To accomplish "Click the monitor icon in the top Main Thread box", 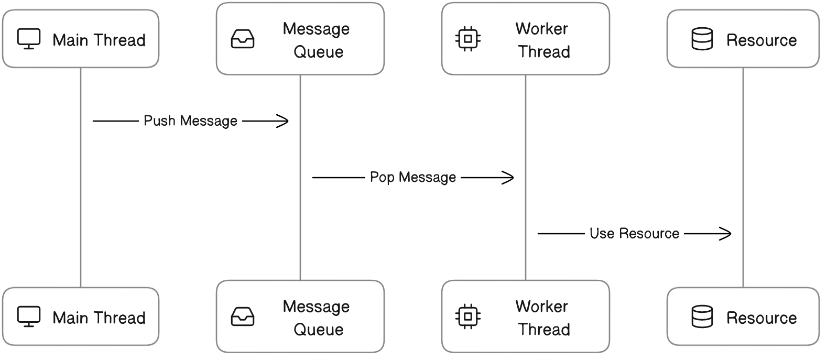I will click(x=29, y=39).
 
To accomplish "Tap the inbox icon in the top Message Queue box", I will click(x=243, y=39).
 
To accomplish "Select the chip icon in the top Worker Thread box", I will click(x=468, y=39).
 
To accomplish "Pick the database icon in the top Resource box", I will click(x=702, y=39).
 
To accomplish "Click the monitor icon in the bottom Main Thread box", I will click(x=29, y=317).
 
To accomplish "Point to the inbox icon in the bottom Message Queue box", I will click(x=243, y=317).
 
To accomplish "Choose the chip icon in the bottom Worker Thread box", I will click(x=468, y=317).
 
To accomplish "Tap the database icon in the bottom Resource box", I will click(x=702, y=317).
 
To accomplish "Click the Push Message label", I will click(x=190, y=121).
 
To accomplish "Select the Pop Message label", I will click(x=413, y=177).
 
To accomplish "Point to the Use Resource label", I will click(x=634, y=233).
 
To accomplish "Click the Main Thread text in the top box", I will click(x=99, y=40).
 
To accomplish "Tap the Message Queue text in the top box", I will click(x=316, y=40).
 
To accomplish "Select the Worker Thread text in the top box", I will click(x=542, y=40).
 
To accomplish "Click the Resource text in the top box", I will click(x=761, y=40).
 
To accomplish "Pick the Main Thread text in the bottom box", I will click(x=99, y=318).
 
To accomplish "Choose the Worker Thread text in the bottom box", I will click(x=542, y=318).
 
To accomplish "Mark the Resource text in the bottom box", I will click(x=761, y=318).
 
